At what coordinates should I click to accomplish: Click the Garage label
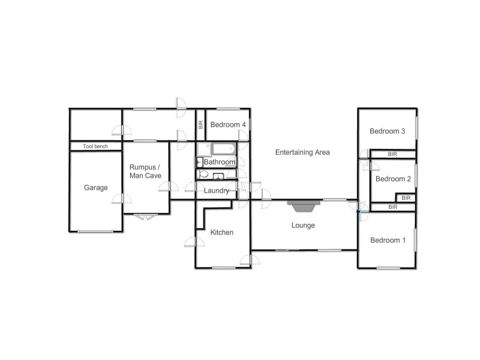point(96,188)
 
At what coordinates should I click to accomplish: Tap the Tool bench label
point(96,146)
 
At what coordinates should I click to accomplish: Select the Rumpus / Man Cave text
point(145,171)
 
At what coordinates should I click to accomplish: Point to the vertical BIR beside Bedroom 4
point(200,125)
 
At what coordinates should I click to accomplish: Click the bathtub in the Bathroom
point(223,148)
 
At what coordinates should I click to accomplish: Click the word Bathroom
point(220,162)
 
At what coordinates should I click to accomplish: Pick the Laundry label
point(216,191)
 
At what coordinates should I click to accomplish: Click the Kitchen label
point(221,233)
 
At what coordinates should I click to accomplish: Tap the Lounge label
point(303,226)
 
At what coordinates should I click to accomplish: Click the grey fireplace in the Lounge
point(303,206)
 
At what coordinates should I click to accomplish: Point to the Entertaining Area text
point(302,152)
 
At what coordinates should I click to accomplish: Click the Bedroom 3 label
point(388,131)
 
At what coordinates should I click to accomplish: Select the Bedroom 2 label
point(393,179)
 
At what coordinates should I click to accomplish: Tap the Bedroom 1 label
point(388,241)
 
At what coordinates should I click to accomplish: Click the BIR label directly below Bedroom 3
point(392,154)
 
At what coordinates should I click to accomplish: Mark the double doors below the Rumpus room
point(146,217)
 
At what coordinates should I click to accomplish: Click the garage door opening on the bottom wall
point(96,231)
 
